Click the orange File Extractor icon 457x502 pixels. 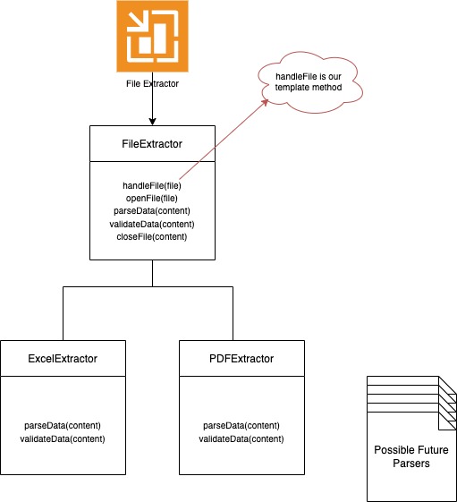click(152, 36)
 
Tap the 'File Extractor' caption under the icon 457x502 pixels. click(152, 83)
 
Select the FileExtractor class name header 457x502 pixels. click(152, 143)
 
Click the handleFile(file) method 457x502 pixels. click(152, 186)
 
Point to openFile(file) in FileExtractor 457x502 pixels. click(152, 199)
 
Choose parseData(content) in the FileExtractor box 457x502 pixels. click(152, 211)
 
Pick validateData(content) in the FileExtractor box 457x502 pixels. click(152, 224)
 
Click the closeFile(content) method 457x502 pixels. click(152, 236)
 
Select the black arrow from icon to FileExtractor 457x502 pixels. click(152, 107)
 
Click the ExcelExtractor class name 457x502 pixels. click(63, 359)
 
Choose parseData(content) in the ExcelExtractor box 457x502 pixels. click(63, 425)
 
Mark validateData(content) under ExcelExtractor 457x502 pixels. click(63, 438)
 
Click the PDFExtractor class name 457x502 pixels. click(241, 359)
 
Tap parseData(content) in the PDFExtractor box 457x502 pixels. click(241, 425)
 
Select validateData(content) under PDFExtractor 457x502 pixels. click(241, 438)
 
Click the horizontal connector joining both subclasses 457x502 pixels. click(152, 287)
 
